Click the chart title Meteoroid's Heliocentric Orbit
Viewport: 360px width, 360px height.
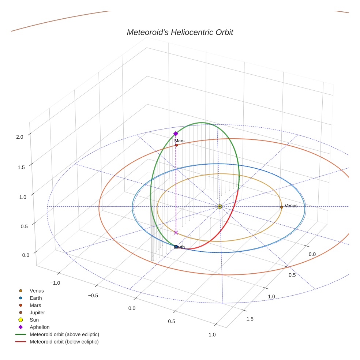point(180,32)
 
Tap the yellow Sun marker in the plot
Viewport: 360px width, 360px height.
point(220,207)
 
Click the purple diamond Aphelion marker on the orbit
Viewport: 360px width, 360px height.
point(176,134)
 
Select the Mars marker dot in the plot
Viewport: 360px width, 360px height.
point(176,145)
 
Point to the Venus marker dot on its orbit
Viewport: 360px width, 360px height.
point(281,207)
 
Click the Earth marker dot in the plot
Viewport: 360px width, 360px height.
point(176,247)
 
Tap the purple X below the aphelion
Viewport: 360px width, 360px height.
point(176,233)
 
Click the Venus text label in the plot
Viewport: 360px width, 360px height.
point(291,206)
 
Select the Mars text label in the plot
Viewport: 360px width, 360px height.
point(179,140)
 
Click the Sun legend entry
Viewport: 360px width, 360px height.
point(34,320)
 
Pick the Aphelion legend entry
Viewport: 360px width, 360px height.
point(40,327)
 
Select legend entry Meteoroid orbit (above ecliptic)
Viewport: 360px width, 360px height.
point(64,334)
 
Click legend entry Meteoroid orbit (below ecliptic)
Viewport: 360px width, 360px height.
point(64,342)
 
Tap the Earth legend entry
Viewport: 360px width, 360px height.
point(36,298)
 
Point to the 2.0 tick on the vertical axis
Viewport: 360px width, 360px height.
point(19,137)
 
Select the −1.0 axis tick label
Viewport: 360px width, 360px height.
point(55,283)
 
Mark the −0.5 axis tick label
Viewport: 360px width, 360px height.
point(93,295)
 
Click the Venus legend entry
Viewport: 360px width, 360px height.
point(37,290)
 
